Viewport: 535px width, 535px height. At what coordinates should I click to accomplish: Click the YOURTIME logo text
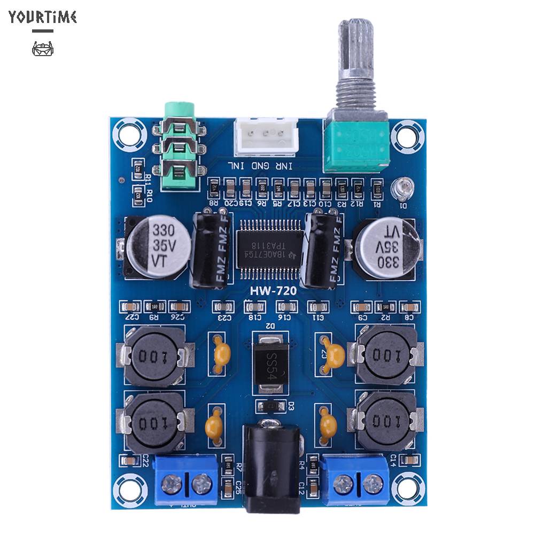pos(43,17)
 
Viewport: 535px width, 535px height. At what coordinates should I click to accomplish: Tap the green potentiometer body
pos(356,143)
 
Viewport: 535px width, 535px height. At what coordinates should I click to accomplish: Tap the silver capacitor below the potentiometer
pos(386,245)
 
